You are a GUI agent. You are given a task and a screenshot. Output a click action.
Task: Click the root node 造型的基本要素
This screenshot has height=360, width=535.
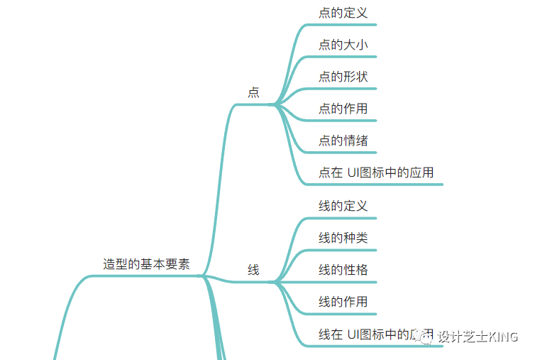pos(146,263)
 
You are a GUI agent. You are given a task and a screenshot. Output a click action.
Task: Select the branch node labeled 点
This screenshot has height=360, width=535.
pos(253,92)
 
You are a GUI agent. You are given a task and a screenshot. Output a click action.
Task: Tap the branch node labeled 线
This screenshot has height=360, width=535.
pos(253,270)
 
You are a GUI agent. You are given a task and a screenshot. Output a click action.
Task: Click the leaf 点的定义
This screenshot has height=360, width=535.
pos(343,12)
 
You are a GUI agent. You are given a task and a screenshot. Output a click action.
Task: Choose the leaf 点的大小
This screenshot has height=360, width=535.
pos(343,44)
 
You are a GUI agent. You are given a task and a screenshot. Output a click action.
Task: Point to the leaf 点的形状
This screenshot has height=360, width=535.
pos(343,76)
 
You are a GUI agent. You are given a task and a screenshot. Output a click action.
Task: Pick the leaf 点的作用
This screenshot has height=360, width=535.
pos(343,108)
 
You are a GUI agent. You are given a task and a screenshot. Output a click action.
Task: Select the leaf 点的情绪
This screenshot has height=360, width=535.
pos(343,140)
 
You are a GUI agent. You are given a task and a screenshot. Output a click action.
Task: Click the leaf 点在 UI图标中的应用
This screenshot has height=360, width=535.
pos(375,173)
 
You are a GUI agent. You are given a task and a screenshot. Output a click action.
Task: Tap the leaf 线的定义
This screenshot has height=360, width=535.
pos(343,206)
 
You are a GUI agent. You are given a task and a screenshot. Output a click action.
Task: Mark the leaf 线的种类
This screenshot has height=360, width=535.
pos(343,238)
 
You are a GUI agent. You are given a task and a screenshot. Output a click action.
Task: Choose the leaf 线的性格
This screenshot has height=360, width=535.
pos(343,270)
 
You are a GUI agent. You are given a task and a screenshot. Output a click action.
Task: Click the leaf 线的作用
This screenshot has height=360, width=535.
pos(343,302)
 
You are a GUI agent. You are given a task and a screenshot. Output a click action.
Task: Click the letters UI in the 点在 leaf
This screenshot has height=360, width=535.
pos(354,173)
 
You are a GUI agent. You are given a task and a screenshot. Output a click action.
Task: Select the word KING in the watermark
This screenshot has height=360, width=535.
pos(503,337)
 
